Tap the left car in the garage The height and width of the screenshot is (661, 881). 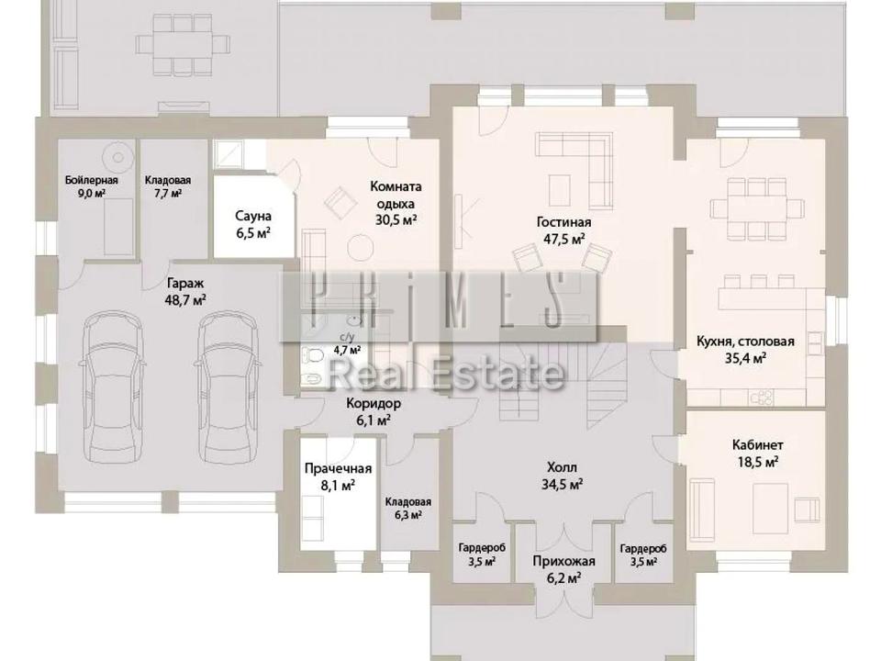coord(115,387)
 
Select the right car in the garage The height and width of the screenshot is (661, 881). coord(229,387)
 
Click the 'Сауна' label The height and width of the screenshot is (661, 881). coord(253,216)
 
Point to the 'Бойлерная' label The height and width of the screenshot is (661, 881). coord(92,180)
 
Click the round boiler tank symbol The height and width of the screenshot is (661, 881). coord(118,156)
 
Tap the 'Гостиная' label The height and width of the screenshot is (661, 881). coord(564,222)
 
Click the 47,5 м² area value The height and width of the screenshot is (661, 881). coord(563,239)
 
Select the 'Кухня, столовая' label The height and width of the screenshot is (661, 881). coord(745,342)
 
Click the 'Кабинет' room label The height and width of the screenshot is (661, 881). coord(757,445)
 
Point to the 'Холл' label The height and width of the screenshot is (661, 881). coord(562,467)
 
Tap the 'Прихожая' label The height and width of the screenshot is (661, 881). coord(563,561)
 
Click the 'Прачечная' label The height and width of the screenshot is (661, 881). coord(338,469)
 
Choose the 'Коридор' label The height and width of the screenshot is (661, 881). coord(374,403)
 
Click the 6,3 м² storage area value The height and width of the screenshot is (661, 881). coord(408,514)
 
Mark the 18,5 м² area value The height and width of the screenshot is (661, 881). coord(757,462)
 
